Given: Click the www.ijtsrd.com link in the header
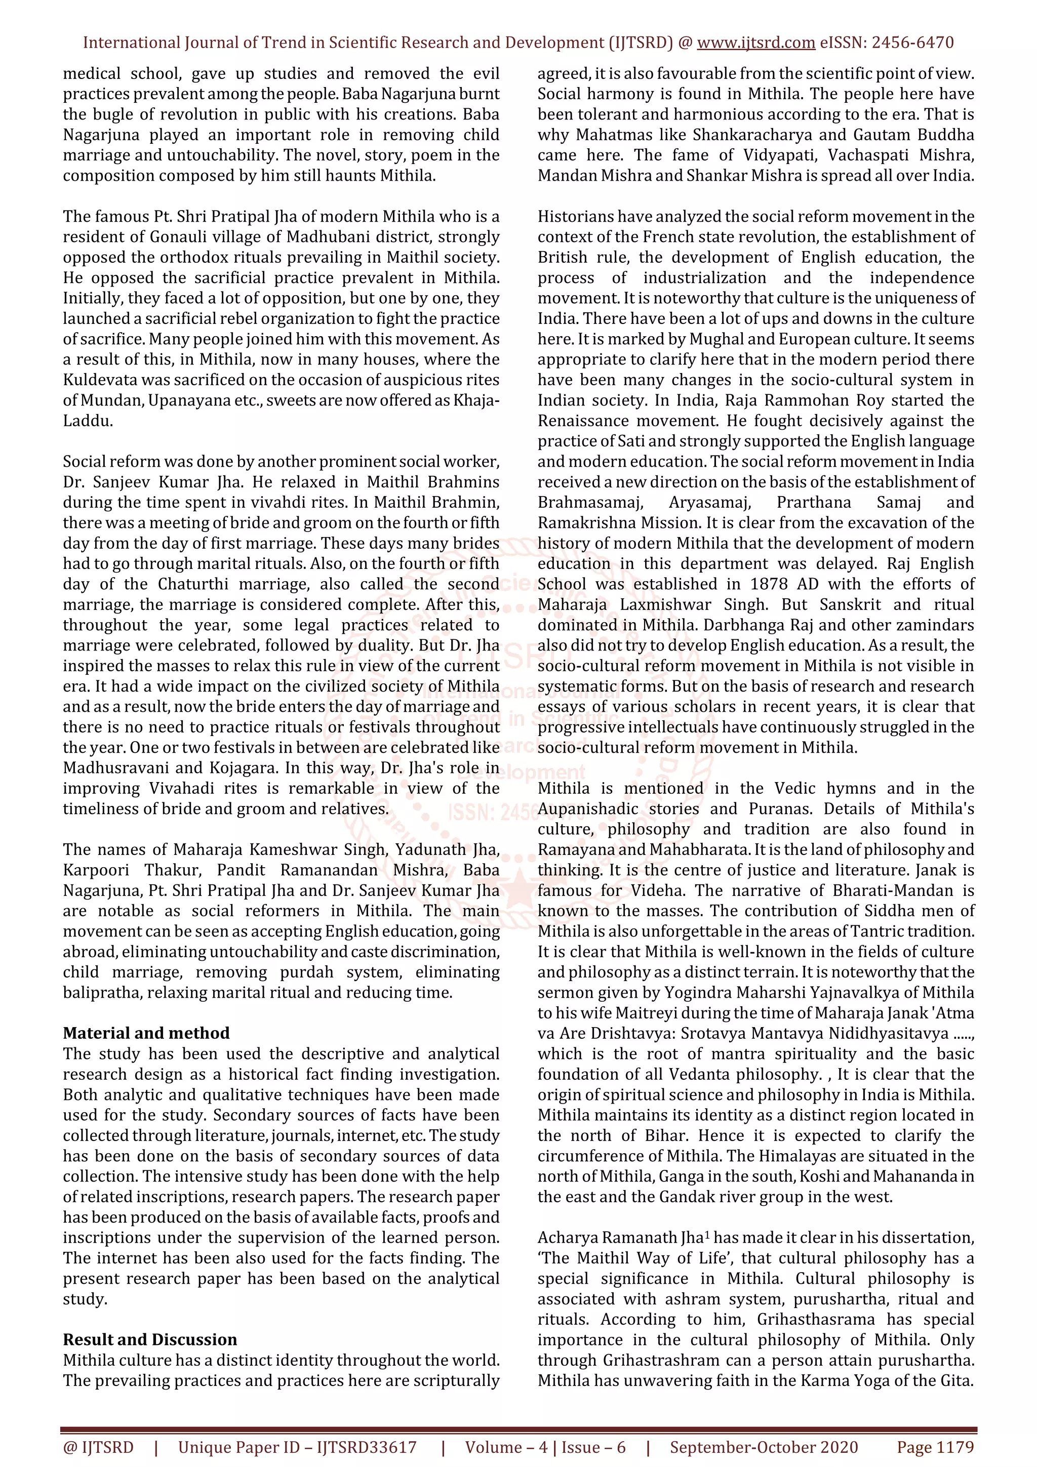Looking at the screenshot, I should coord(755,43).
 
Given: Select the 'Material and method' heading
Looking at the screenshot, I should coord(146,1033).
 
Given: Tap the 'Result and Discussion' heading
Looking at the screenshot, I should coord(149,1339).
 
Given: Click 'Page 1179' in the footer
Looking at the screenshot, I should coord(935,1447).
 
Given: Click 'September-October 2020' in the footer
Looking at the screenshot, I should coord(764,1447).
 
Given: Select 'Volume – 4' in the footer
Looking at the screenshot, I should coord(506,1447).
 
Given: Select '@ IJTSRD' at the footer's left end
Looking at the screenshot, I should coord(98,1447).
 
